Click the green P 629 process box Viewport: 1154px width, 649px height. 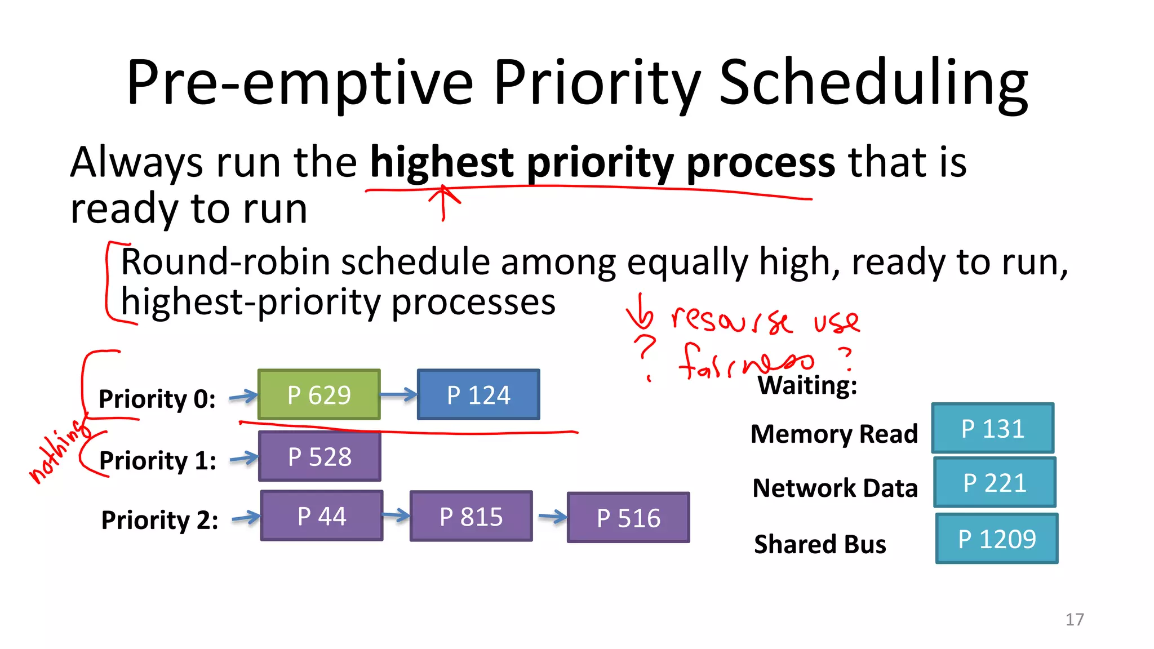pos(319,394)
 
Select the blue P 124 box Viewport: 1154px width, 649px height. pos(478,394)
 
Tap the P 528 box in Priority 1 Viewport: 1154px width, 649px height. pos(319,456)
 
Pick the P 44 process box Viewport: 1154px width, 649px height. pos(322,516)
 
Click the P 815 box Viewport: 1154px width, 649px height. pos(471,517)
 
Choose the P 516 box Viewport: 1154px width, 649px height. pos(628,518)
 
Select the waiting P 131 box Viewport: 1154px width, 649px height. pos(993,428)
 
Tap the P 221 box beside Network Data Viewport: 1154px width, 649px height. pos(995,483)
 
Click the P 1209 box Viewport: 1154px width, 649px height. pos(997,539)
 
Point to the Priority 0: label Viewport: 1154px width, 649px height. pos(157,399)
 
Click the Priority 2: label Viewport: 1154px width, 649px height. pos(159,520)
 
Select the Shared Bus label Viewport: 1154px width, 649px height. pos(820,544)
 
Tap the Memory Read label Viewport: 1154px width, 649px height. pos(834,434)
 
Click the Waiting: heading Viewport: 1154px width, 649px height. pos(807,386)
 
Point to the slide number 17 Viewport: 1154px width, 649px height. pos(1075,620)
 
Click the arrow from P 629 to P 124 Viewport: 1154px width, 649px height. pos(398,395)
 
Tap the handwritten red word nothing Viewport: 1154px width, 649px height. pos(59,451)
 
